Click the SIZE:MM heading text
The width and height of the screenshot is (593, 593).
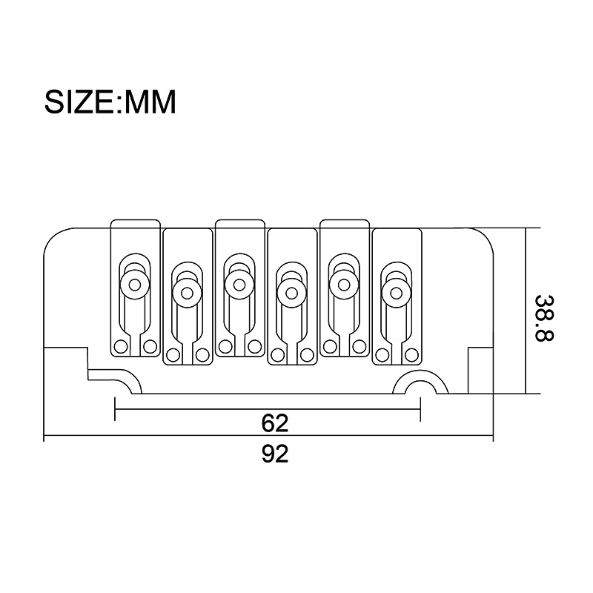click(110, 102)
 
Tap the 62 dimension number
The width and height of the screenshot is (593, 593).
click(275, 423)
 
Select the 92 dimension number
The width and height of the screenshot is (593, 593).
click(275, 454)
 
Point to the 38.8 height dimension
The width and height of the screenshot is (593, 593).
click(544, 318)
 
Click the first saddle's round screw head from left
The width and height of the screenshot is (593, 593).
click(135, 285)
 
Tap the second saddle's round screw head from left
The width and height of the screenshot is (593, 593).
click(187, 293)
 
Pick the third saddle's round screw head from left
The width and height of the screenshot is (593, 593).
click(239, 285)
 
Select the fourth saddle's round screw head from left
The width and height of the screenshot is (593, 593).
click(291, 293)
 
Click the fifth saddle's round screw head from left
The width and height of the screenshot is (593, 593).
click(344, 285)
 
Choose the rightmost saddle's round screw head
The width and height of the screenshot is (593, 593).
click(397, 293)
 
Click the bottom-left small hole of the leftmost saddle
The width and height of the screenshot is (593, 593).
click(121, 346)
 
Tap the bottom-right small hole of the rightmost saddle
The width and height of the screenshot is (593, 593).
click(411, 355)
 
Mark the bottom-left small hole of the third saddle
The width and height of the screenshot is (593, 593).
click(225, 346)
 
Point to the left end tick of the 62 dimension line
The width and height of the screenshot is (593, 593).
click(115, 409)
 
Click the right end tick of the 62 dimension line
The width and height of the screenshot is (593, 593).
click(420, 409)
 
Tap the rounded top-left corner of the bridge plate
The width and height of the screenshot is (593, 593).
click(53, 236)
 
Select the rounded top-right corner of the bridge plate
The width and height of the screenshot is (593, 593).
click(485, 236)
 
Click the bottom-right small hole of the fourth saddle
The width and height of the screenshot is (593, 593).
click(307, 355)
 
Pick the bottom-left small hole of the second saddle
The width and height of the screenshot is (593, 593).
click(173, 355)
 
